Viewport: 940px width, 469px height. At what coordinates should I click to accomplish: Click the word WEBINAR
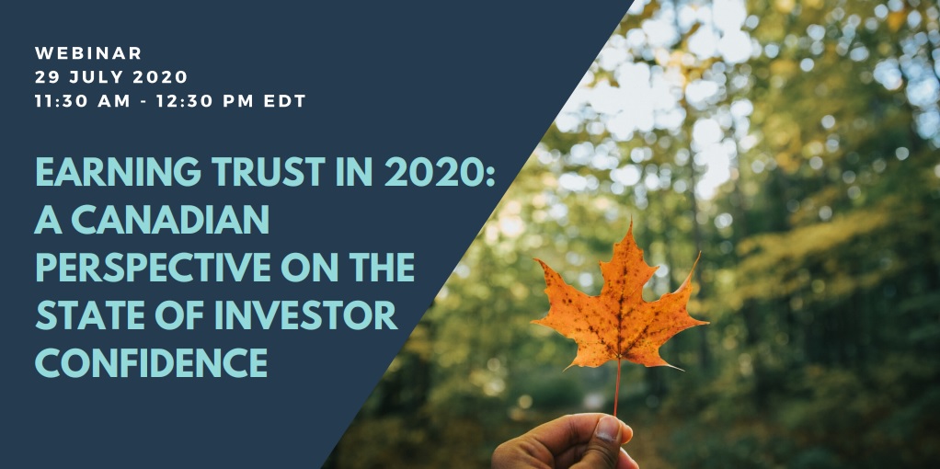point(88,53)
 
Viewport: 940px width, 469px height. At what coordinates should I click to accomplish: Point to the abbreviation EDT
point(282,101)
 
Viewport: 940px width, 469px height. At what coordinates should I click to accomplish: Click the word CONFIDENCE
point(151,363)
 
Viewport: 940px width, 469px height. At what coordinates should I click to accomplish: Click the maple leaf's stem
point(617,386)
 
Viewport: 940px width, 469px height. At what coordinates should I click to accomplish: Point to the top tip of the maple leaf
point(630,224)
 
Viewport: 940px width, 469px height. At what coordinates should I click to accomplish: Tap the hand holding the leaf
point(561,446)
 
